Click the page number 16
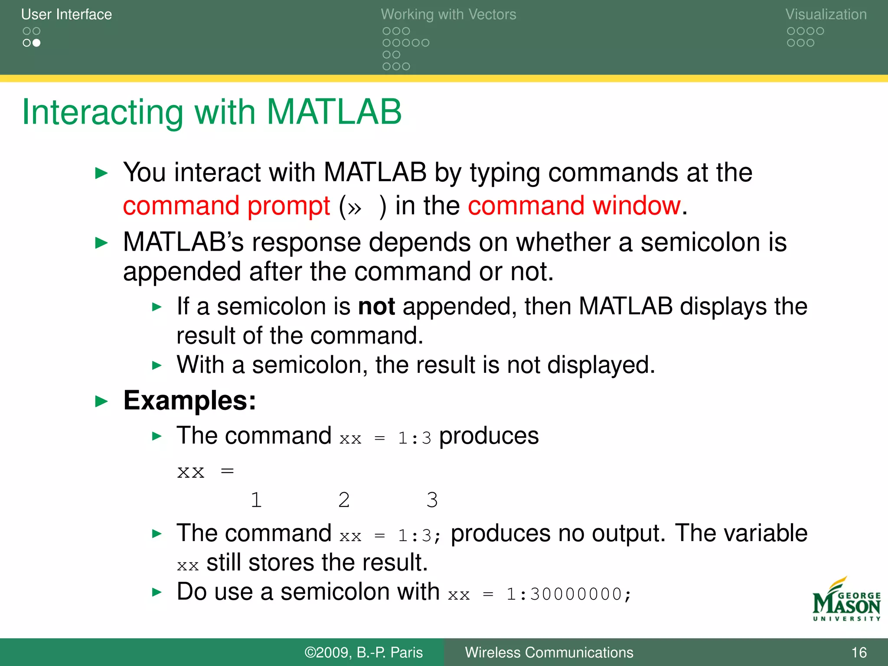[859, 653]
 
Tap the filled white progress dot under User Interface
[36, 43]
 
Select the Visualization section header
[826, 14]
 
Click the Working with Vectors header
[448, 14]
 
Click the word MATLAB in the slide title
[334, 112]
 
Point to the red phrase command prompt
[226, 206]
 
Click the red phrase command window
[574, 206]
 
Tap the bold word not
[376, 307]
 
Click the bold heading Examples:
[189, 400]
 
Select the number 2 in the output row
[344, 500]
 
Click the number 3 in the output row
[432, 500]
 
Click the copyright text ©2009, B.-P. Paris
[363, 653]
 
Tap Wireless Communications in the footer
[549, 653]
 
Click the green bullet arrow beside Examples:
[101, 401]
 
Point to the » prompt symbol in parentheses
[354, 208]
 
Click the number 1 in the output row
[256, 500]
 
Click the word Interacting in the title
[103, 112]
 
